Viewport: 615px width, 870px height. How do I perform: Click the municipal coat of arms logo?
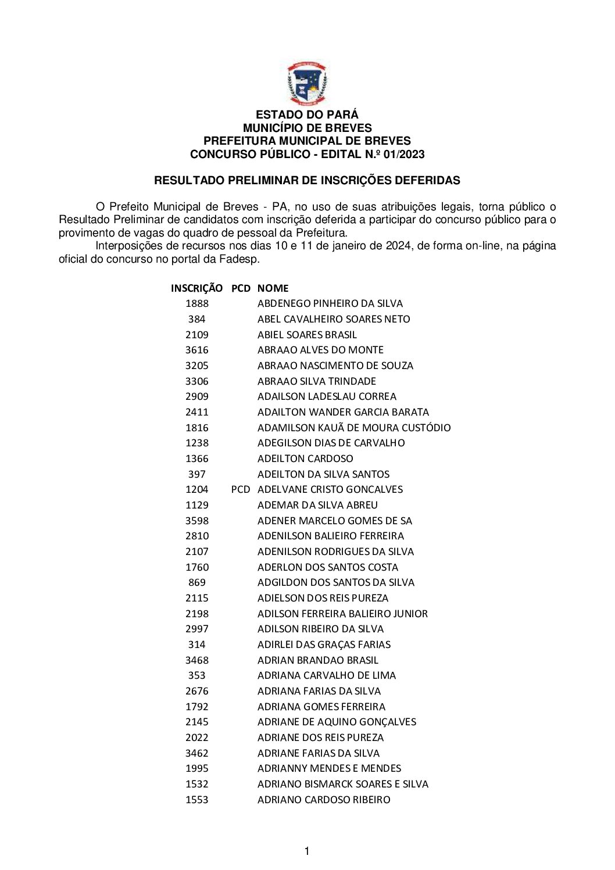tap(307, 84)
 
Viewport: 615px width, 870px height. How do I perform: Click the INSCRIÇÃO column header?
tap(196, 288)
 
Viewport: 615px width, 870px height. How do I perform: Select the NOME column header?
tap(273, 288)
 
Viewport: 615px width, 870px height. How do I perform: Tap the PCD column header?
tap(241, 288)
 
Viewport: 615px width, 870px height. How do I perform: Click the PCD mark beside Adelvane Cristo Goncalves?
tap(241, 489)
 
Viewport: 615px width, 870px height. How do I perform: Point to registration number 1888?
tap(196, 303)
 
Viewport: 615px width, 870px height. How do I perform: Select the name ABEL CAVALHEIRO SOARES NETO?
tap(334, 319)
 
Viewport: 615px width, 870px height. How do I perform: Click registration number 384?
tap(196, 319)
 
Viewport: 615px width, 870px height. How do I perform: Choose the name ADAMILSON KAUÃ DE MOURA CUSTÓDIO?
tap(354, 428)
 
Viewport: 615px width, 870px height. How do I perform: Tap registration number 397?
tap(196, 474)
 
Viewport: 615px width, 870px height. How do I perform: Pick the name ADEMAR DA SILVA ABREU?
tap(317, 505)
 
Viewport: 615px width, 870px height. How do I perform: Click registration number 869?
tap(196, 582)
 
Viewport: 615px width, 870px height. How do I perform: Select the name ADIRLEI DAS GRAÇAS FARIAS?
tap(324, 645)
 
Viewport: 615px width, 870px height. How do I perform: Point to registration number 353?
tap(196, 675)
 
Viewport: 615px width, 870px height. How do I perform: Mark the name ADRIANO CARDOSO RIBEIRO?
tap(324, 800)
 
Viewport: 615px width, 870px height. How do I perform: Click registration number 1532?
tap(196, 784)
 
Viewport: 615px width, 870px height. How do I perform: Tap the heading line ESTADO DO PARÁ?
tap(307, 114)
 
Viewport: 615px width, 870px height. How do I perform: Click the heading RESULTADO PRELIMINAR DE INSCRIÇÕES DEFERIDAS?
tap(307, 180)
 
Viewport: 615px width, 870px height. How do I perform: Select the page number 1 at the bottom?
tap(307, 851)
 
